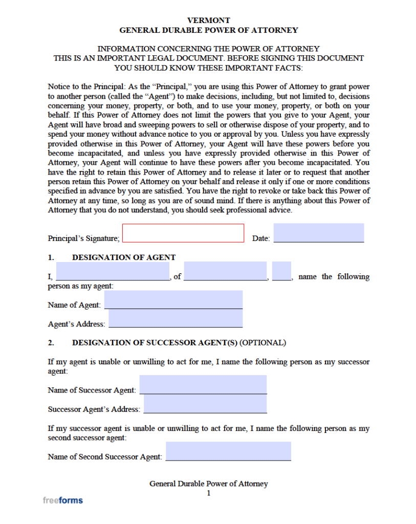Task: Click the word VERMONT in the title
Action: pyautogui.click(x=209, y=20)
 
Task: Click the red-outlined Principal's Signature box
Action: pyautogui.click(x=183, y=233)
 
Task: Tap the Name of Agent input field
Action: pyautogui.click(x=173, y=300)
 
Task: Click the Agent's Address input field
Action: pyautogui.click(x=176, y=319)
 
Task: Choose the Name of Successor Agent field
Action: pyautogui.click(x=203, y=384)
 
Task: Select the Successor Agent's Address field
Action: pyautogui.click(x=205, y=404)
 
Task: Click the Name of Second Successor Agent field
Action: pyautogui.click(x=228, y=451)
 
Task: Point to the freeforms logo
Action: pyautogui.click(x=62, y=500)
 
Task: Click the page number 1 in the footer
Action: pyautogui.click(x=209, y=493)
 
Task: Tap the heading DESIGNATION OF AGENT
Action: pyautogui.click(x=124, y=257)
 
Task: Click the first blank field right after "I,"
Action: pyautogui.click(x=113, y=271)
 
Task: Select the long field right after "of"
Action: pyautogui.click(x=225, y=271)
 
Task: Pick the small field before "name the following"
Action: pyautogui.click(x=281, y=271)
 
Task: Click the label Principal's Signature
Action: pyautogui.click(x=83, y=238)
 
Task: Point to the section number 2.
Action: pyautogui.click(x=51, y=342)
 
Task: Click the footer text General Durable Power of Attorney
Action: pyautogui.click(x=209, y=484)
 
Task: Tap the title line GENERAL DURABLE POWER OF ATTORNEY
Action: pyautogui.click(x=209, y=30)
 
